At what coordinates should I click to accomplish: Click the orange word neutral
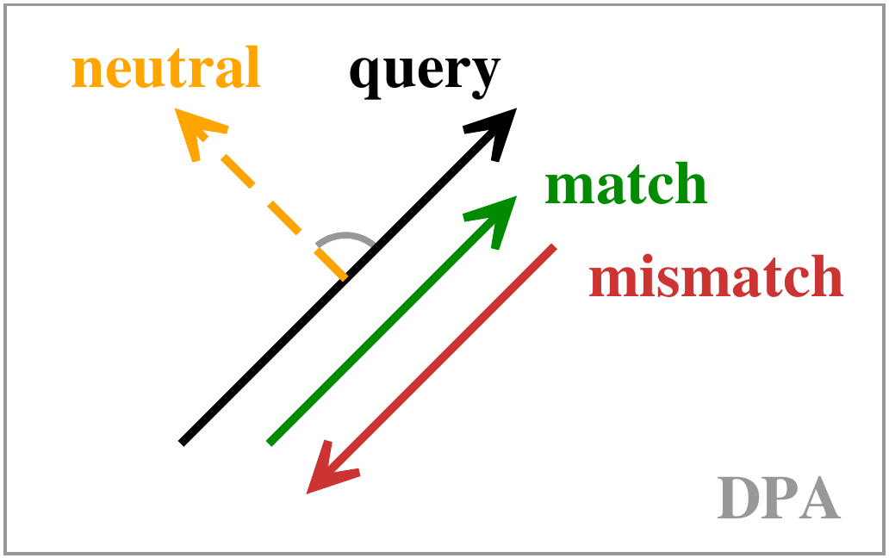coord(166,67)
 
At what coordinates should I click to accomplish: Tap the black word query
coord(425,75)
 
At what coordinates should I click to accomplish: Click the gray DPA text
coord(779,498)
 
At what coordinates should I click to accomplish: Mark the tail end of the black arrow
coord(182,443)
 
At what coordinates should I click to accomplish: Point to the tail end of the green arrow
coord(270,443)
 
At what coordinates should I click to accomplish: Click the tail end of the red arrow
coord(554,246)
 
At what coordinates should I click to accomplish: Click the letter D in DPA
coord(738,498)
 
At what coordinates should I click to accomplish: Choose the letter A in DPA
coord(820,498)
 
